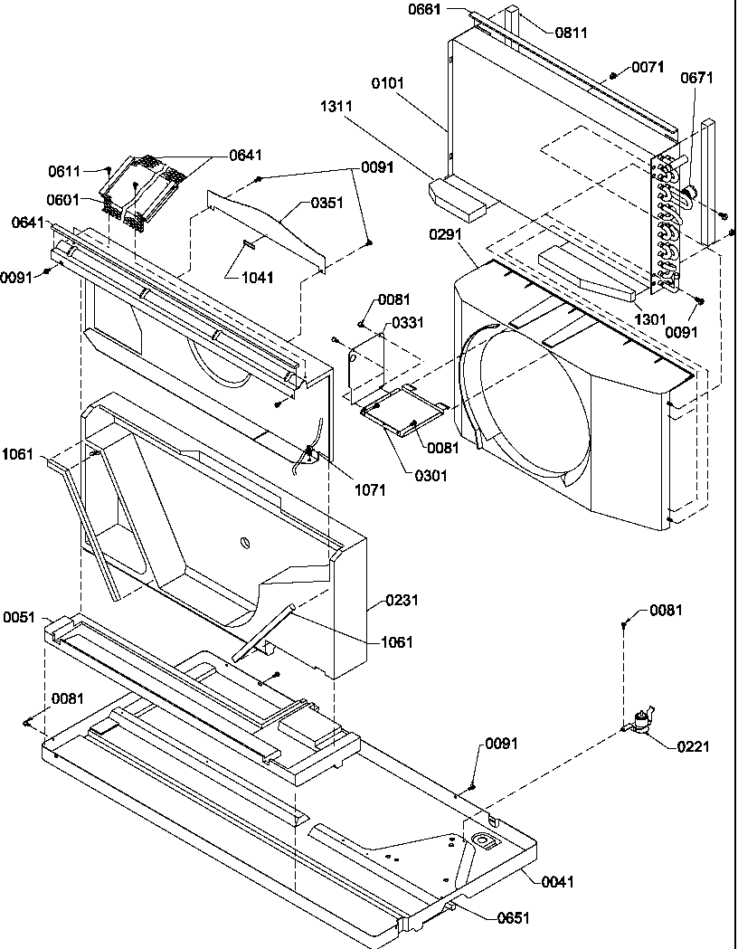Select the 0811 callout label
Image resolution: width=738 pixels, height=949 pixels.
coord(571,33)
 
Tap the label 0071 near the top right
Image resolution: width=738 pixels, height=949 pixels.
coord(648,67)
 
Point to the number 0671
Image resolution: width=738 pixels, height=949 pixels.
coord(696,78)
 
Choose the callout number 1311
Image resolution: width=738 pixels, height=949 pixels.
coord(336,106)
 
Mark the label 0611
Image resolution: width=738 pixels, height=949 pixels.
coord(64,170)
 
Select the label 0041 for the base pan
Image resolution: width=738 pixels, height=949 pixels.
coord(558,881)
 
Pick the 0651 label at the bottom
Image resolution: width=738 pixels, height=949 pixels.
coord(514,917)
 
